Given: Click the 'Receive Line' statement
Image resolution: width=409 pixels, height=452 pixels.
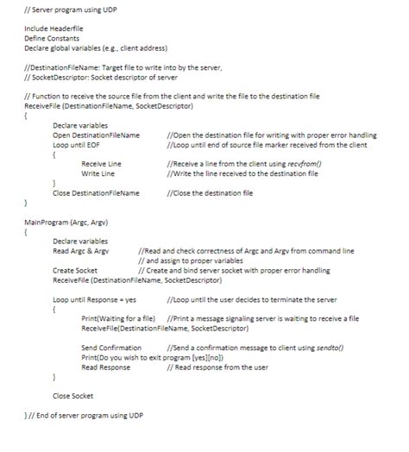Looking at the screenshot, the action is point(101,164).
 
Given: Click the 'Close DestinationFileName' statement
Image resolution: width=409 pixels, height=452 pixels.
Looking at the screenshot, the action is point(96,192).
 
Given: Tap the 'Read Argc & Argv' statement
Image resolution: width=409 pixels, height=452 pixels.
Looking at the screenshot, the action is point(80,250).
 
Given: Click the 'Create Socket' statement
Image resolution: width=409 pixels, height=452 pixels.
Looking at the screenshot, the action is point(74,270).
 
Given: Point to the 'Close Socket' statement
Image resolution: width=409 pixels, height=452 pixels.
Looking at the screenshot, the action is point(72,396).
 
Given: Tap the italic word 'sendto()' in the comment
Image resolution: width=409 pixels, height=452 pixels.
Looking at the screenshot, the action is point(325,347).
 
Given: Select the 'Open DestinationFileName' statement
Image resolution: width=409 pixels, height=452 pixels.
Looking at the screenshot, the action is point(96,135).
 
